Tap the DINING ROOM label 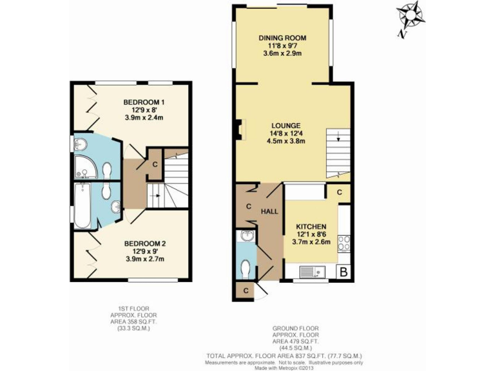282,38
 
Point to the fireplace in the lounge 240,129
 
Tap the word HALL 269,211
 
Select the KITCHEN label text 311,227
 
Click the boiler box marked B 344,272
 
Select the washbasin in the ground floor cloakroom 246,236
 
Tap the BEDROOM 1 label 144,102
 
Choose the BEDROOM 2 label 145,243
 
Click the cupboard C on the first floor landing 155,163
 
